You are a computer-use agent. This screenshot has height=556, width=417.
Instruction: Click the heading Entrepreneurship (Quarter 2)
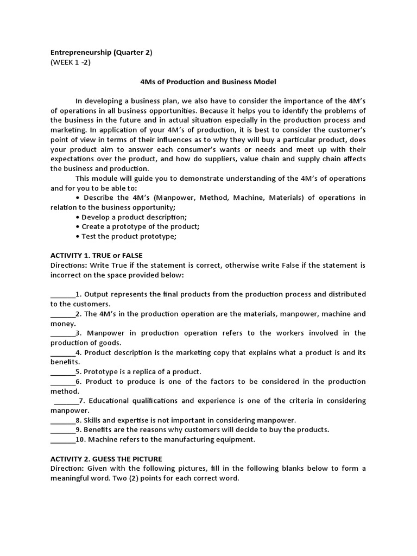pos(102,53)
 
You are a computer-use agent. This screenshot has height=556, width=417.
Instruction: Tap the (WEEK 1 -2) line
pos(71,62)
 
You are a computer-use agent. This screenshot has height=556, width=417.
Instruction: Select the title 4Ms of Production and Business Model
pos(208,82)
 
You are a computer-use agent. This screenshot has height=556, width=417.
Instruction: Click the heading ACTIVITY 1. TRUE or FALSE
pos(96,255)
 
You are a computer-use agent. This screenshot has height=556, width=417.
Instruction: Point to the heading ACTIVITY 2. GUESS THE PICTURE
pos(106,459)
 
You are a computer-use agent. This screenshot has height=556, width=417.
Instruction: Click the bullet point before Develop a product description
pos(79,217)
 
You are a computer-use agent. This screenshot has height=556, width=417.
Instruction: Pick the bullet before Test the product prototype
pos(79,237)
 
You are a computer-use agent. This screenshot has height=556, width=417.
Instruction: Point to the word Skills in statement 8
pos(93,420)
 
